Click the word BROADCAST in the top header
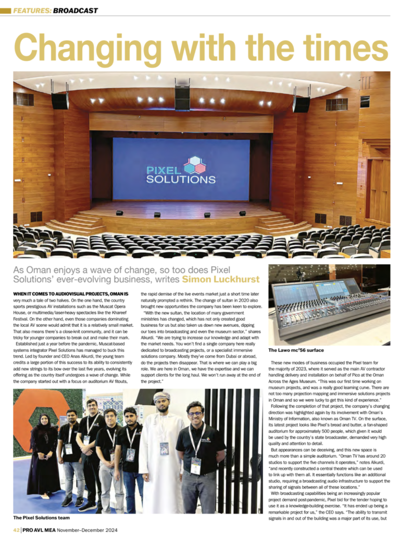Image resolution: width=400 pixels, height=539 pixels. pyautogui.click(x=75, y=10)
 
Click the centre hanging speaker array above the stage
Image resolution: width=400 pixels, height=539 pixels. pyautogui.click(x=182, y=97)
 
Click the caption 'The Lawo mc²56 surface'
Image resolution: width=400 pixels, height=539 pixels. pyautogui.click(x=303, y=350)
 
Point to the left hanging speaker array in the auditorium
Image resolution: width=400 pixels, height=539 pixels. pyautogui.click(x=60, y=100)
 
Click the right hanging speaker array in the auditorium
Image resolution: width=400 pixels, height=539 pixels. pyautogui.click(x=301, y=102)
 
